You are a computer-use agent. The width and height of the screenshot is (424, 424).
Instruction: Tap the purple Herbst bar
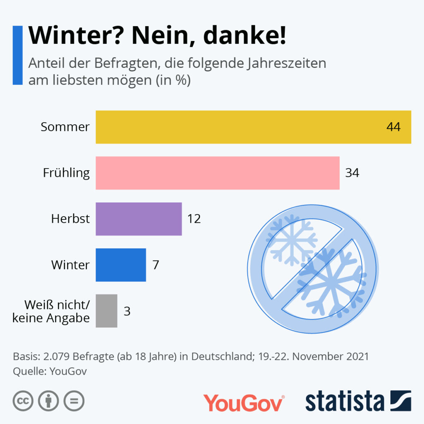pyautogui.click(x=139, y=219)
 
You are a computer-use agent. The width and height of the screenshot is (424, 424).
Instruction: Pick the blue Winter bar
pyautogui.click(x=121, y=265)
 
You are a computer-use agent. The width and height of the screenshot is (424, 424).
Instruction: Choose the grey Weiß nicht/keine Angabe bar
pyautogui.click(x=106, y=311)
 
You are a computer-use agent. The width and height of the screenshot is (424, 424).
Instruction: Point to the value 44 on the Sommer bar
pyautogui.click(x=393, y=127)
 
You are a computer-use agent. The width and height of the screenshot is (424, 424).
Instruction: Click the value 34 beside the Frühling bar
pyautogui.click(x=352, y=173)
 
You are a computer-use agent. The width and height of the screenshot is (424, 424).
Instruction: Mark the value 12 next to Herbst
pyautogui.click(x=194, y=219)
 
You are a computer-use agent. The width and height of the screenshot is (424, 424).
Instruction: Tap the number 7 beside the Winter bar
pyautogui.click(x=156, y=265)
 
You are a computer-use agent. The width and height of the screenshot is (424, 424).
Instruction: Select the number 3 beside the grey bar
pyautogui.click(x=127, y=311)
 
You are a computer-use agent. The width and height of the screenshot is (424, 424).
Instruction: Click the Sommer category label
pyautogui.click(x=65, y=127)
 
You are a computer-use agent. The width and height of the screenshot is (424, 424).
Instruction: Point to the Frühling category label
pyautogui.click(x=66, y=173)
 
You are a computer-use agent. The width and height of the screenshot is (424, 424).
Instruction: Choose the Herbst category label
pyautogui.click(x=70, y=219)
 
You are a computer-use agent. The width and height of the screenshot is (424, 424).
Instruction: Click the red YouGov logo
pyautogui.click(x=243, y=402)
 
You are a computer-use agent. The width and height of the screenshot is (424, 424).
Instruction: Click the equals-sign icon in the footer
pyautogui.click(x=74, y=401)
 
